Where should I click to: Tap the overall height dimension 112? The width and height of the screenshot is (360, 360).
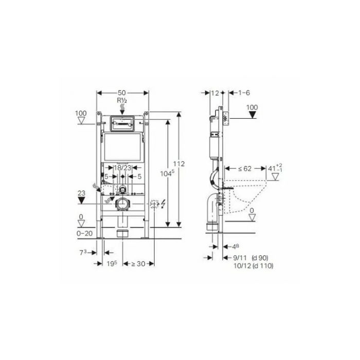(178, 164)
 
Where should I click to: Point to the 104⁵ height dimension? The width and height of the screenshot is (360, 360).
(165, 173)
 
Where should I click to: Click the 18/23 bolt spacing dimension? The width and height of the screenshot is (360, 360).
(121, 168)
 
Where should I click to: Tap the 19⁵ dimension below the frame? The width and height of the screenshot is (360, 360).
(112, 263)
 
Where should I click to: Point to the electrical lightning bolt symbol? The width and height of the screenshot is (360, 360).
(163, 204)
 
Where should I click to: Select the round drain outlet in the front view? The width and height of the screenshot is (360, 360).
(122, 204)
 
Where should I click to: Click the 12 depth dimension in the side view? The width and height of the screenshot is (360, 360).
(215, 93)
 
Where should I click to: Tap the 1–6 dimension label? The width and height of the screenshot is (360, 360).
(244, 93)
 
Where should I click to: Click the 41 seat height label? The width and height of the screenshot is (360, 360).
(274, 168)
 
